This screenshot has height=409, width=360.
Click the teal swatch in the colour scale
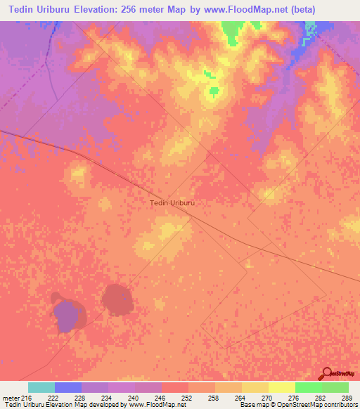[41, 387]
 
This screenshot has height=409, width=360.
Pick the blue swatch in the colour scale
[68, 387]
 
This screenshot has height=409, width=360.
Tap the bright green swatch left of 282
[308, 387]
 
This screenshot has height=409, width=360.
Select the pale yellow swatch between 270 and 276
[281, 387]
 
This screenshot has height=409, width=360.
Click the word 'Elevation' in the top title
[105, 9]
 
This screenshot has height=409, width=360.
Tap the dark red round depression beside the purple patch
[117, 299]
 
